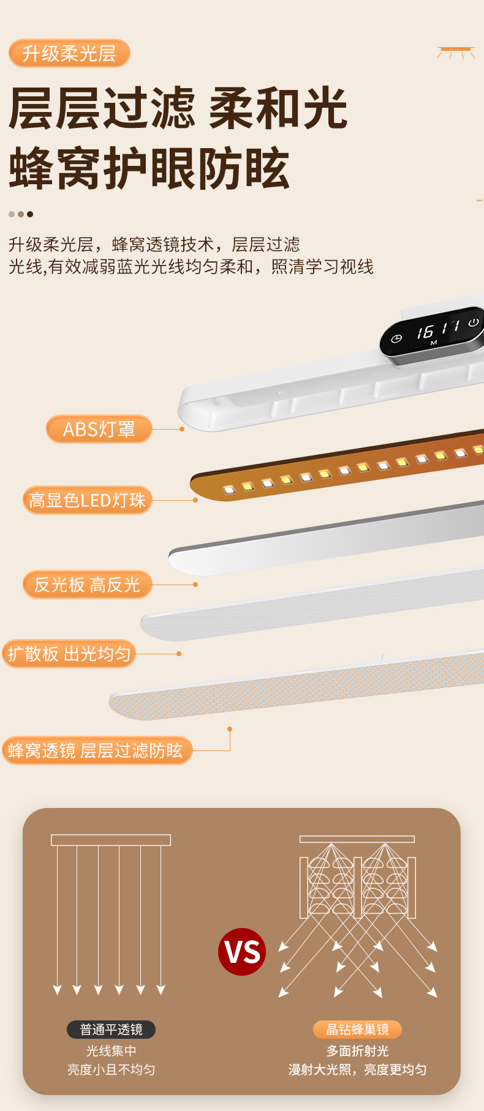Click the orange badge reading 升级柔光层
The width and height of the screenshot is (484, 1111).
[x=69, y=54]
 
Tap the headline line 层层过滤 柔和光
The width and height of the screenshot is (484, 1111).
[x=178, y=109]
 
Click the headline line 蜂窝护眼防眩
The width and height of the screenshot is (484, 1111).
[x=149, y=168]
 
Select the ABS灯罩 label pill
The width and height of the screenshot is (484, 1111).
[x=99, y=429]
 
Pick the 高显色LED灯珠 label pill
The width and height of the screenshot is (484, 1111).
[x=87, y=500]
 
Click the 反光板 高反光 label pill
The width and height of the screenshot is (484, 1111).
[x=87, y=585]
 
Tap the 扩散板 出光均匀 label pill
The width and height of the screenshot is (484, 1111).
[x=69, y=654]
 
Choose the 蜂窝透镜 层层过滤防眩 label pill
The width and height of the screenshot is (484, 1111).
[x=96, y=750]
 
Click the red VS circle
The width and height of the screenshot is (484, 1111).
[x=242, y=952]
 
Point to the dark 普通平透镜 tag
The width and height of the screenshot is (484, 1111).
[x=111, y=1030]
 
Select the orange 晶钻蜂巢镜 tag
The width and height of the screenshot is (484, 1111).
[x=357, y=1030]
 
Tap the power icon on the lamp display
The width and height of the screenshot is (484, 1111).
[x=473, y=323]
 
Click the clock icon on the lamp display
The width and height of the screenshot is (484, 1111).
[x=396, y=339]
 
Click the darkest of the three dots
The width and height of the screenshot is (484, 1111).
[x=30, y=214]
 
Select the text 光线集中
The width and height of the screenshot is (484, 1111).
[x=111, y=1051]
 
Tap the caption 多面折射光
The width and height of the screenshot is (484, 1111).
[x=357, y=1051]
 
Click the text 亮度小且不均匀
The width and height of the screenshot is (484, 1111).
[x=111, y=1070]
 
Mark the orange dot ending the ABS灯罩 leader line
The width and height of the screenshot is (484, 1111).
[x=182, y=429]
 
